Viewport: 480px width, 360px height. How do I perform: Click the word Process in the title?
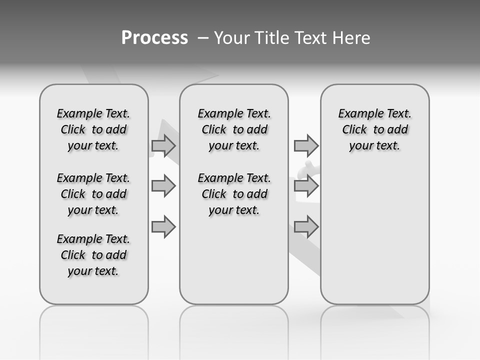point(154,38)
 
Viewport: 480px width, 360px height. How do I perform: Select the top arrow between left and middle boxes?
point(163,146)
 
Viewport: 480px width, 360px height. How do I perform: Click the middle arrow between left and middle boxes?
point(163,186)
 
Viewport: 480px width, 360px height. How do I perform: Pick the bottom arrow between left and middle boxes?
point(163,227)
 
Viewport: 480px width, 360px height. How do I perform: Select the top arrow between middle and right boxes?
point(306,146)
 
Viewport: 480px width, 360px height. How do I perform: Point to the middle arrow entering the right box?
point(306,186)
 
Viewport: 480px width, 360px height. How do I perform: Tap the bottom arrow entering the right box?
point(306,227)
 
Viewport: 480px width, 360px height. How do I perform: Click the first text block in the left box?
point(93,129)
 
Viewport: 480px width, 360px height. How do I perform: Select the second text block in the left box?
point(93,194)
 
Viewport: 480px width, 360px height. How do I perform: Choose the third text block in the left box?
point(93,255)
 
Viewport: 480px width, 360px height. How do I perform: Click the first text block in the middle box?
point(234,129)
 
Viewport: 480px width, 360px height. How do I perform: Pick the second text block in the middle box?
point(234,194)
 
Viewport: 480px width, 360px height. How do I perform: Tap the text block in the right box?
point(374,129)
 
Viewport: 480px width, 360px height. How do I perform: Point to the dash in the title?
point(203,38)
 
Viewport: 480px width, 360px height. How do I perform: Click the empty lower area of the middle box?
point(234,260)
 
